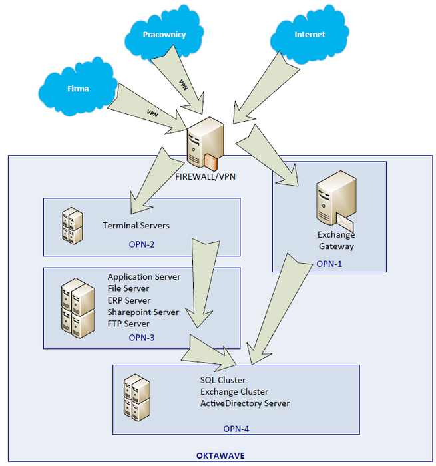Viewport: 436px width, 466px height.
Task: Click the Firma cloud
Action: [x=78, y=89]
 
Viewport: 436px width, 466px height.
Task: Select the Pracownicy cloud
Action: [x=164, y=35]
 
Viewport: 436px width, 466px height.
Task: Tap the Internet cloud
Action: [x=310, y=35]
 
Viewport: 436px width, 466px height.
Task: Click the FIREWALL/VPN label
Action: [x=204, y=176]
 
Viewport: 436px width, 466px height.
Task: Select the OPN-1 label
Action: [x=329, y=264]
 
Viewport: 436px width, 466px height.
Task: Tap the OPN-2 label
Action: [x=142, y=244]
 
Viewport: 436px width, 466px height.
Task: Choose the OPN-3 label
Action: [x=142, y=338]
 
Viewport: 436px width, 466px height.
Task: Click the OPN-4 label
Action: [x=236, y=429]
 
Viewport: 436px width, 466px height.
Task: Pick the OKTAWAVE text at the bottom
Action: [x=220, y=455]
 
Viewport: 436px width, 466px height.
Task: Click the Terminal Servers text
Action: [x=136, y=226]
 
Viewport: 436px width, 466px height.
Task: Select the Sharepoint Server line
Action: [x=143, y=312]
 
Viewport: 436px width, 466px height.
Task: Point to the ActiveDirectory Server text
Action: [x=245, y=403]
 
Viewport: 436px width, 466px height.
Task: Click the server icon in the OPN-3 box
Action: [x=77, y=307]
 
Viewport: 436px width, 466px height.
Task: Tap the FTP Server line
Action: [x=128, y=324]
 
